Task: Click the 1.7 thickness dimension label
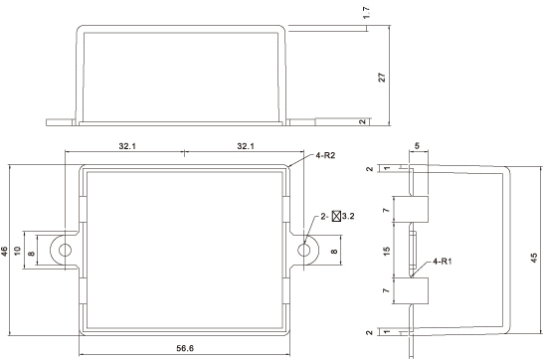click(368, 13)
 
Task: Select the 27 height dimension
click(382, 77)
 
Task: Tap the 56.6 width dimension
click(185, 348)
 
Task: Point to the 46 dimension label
click(4, 251)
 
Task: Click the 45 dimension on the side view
click(534, 258)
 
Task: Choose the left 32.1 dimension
click(127, 146)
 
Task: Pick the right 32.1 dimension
click(246, 146)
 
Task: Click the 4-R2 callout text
click(325, 155)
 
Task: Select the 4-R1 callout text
click(443, 262)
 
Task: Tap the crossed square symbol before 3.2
click(336, 216)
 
